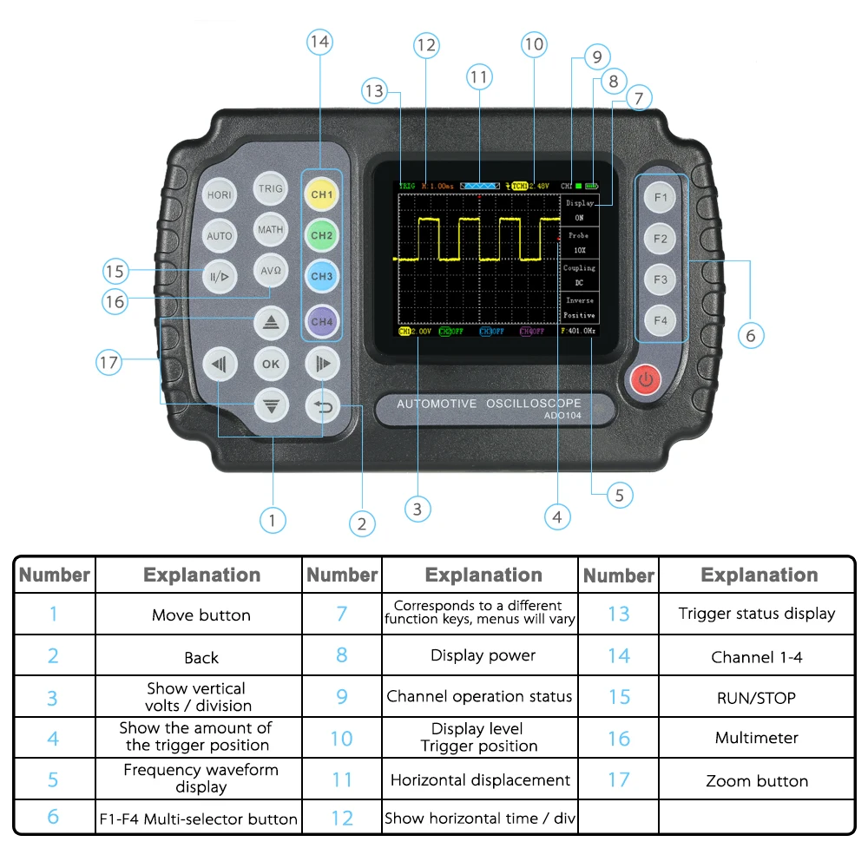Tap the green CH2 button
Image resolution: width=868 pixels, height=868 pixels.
pos(322,235)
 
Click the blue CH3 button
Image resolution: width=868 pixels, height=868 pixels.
pos(322,276)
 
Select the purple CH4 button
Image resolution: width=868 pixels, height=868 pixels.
pos(322,321)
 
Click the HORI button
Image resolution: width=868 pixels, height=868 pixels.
pos(219,195)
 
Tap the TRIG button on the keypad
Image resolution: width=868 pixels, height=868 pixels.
pos(271,187)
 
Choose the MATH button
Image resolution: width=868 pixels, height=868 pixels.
pos(271,230)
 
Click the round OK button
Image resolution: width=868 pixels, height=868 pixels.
pos(271,365)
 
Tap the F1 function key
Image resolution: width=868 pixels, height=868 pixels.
pos(661,197)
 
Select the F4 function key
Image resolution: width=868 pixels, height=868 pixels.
pos(661,320)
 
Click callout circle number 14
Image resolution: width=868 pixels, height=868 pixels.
pos(320,42)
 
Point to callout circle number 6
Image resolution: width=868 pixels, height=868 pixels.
pos(751,334)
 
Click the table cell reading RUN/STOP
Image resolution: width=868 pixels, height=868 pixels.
pos(756,698)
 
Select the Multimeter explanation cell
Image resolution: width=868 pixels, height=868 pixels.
pos(756,738)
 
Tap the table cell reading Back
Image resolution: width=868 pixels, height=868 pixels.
pos(201,658)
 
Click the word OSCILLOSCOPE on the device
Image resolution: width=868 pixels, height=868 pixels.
pos(533,404)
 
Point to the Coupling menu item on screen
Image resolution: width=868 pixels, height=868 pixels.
pos(579,268)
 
